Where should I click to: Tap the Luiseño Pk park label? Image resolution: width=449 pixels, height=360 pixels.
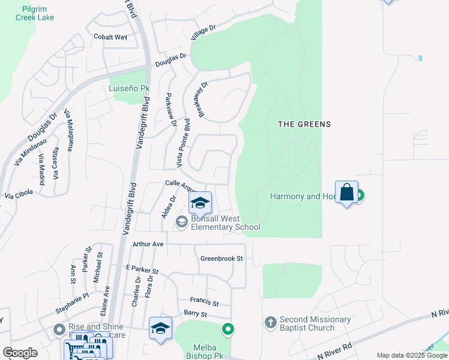[x=128, y=89]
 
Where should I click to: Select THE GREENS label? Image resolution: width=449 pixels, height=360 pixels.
[x=304, y=124]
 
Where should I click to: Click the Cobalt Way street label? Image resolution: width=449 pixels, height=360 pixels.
[x=110, y=37]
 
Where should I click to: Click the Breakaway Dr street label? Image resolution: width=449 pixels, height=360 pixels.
[x=200, y=100]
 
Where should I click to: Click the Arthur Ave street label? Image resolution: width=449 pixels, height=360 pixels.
[x=148, y=244]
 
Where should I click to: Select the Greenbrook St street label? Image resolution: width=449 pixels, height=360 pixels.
[x=221, y=259]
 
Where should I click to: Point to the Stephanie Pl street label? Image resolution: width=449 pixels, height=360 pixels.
[x=71, y=295]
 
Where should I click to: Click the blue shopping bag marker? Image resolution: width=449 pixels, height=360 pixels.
[x=346, y=193]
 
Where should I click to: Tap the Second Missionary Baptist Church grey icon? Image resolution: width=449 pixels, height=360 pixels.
[x=270, y=322]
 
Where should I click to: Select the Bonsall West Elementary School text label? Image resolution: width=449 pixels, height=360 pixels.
[x=225, y=223]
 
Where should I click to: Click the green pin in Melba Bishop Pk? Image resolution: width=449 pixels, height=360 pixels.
[x=228, y=329]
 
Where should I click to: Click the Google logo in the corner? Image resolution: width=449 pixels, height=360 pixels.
[x=20, y=353]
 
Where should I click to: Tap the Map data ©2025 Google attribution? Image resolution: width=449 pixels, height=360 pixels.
[x=412, y=355]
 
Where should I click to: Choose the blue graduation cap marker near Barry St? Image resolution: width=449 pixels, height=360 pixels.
[x=160, y=328]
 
